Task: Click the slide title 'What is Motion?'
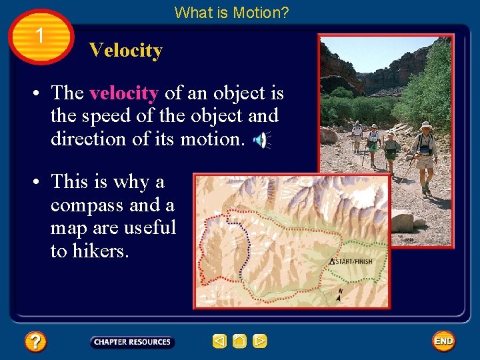(x=231, y=12)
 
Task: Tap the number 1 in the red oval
(x=41, y=35)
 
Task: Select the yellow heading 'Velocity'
(x=125, y=51)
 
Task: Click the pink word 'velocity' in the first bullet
(x=123, y=93)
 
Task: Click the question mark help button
(x=35, y=342)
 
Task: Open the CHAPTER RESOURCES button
(x=132, y=342)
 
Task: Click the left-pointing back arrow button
(x=219, y=341)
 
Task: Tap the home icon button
(x=239, y=341)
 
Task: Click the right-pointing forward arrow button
(x=260, y=341)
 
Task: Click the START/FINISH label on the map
(x=353, y=261)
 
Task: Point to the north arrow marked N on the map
(x=339, y=295)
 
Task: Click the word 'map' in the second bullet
(x=67, y=227)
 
